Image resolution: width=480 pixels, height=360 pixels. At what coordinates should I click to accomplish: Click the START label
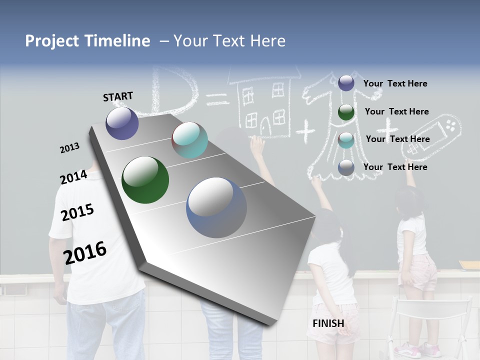pyautogui.click(x=118, y=96)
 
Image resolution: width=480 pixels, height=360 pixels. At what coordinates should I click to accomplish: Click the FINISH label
pyautogui.click(x=328, y=323)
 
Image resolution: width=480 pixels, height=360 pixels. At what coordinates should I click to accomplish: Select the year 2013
pyautogui.click(x=69, y=148)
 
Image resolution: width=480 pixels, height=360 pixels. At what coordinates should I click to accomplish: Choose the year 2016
pyautogui.click(x=85, y=253)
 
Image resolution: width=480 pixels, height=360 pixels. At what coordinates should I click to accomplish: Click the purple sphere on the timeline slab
pyautogui.click(x=122, y=123)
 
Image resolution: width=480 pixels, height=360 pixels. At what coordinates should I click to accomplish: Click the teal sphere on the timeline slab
pyautogui.click(x=189, y=140)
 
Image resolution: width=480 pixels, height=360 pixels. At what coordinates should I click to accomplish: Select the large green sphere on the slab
pyautogui.click(x=145, y=180)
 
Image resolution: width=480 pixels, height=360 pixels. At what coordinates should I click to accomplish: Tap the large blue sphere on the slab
pyautogui.click(x=216, y=207)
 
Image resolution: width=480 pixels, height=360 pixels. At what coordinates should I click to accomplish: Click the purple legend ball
pyautogui.click(x=346, y=83)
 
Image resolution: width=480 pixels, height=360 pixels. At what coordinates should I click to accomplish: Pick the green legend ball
pyautogui.click(x=346, y=112)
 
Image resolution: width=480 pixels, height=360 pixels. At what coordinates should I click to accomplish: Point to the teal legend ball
pyautogui.click(x=346, y=140)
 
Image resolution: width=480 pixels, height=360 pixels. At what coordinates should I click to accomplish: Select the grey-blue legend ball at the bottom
pyautogui.click(x=346, y=168)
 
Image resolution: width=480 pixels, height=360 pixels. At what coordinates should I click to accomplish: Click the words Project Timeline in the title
pyautogui.click(x=87, y=41)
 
